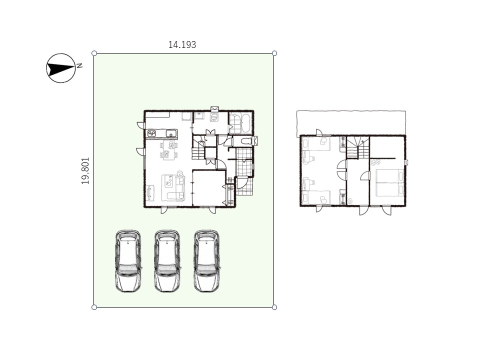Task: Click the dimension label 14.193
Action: (x=182, y=44)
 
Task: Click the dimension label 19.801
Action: (x=85, y=170)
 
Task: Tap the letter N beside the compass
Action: (x=79, y=65)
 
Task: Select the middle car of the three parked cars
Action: (x=167, y=261)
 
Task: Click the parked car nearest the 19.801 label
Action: (x=128, y=261)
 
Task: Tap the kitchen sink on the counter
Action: (x=171, y=133)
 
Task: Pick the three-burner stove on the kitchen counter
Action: (x=152, y=133)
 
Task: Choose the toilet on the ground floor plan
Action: (x=246, y=141)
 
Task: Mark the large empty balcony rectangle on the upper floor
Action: (x=351, y=123)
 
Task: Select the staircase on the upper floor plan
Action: (x=358, y=147)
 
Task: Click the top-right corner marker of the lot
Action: (x=274, y=53)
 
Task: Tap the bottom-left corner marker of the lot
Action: (x=94, y=307)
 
